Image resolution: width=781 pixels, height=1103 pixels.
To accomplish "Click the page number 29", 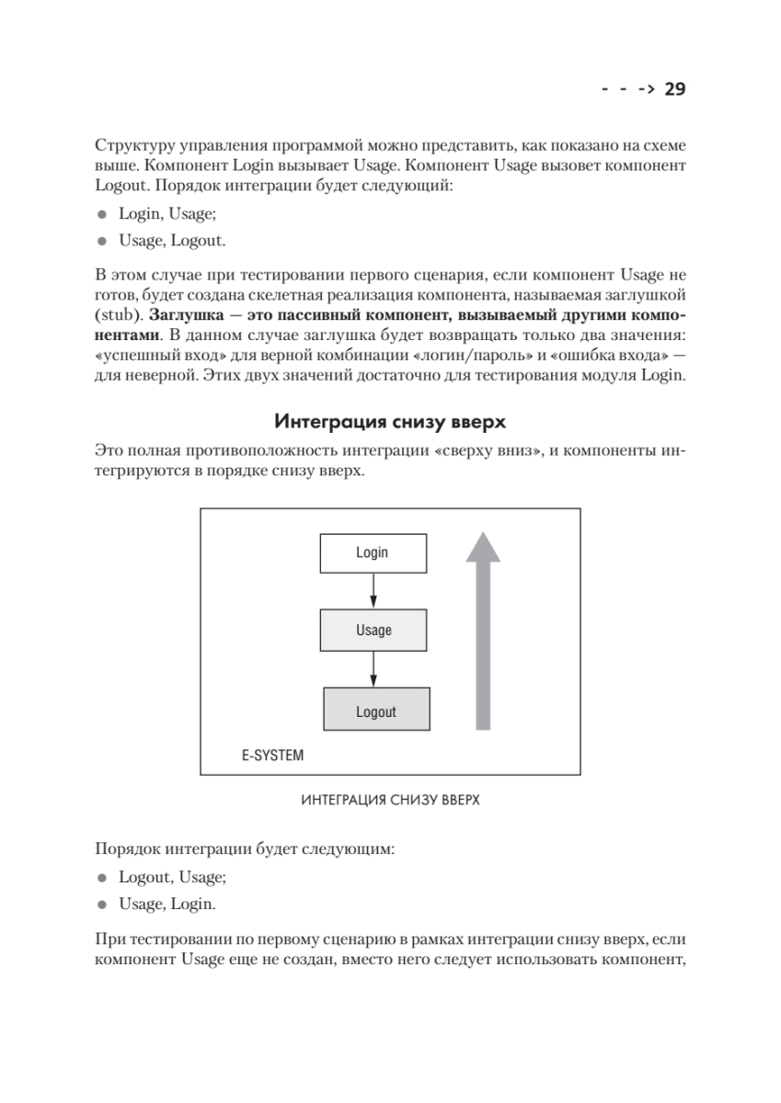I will (675, 89).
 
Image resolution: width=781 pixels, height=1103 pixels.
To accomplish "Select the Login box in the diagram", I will (373, 552).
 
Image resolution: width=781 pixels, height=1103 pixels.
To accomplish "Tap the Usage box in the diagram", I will (373, 630).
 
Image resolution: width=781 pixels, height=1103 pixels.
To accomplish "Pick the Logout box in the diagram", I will (376, 711).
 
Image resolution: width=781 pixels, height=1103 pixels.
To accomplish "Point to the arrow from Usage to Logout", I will (373, 669).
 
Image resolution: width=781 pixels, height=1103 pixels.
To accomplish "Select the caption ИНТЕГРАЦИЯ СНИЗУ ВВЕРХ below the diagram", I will (390, 800).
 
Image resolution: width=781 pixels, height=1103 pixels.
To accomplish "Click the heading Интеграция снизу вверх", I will (390, 423).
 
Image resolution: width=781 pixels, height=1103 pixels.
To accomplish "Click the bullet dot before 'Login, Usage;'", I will (102, 214).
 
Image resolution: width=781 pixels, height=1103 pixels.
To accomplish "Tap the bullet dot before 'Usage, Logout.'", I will (102, 242).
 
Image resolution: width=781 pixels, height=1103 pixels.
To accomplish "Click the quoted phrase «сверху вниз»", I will (486, 452).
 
